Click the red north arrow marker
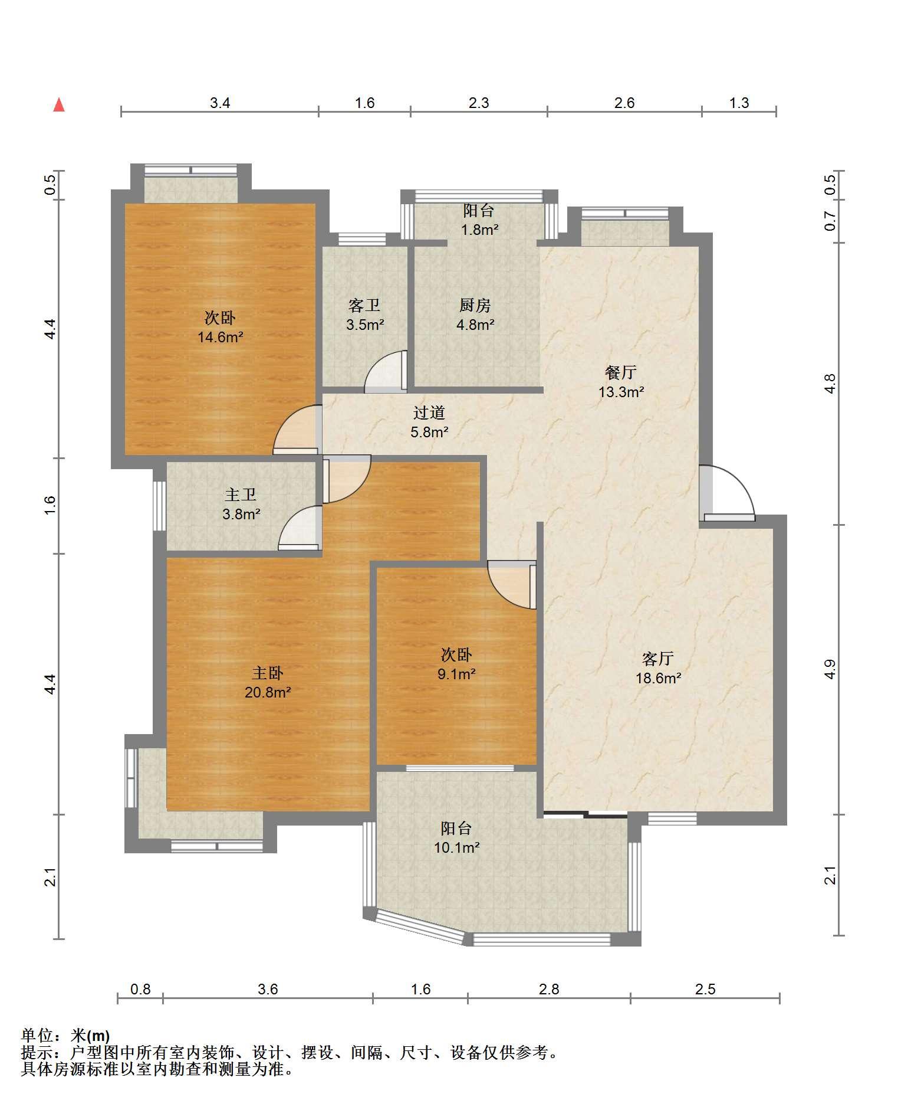point(58,105)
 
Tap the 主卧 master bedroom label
point(268,673)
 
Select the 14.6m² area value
point(221,337)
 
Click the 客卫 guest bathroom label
point(364,305)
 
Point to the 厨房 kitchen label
point(475,305)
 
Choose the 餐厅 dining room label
point(620,372)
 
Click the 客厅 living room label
point(657,658)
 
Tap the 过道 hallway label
point(429,412)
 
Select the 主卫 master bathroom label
point(241,495)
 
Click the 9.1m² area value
point(456,674)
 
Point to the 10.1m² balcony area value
point(456,847)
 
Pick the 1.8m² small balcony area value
point(479,230)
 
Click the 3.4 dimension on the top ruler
point(220,103)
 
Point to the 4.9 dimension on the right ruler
point(830,669)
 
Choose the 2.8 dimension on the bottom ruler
point(549,989)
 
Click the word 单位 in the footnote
point(37,1035)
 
